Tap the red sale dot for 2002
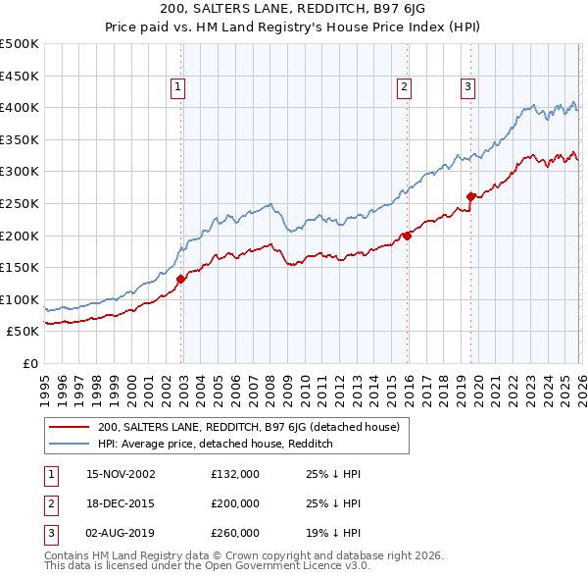click(181, 279)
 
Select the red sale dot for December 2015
click(407, 236)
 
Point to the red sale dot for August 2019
click(470, 197)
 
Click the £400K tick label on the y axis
click(20, 108)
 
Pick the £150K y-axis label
click(20, 267)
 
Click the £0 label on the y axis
click(28, 363)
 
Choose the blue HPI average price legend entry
click(216, 444)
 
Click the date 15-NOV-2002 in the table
click(121, 474)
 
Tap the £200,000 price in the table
click(235, 503)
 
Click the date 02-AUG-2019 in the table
click(121, 533)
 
